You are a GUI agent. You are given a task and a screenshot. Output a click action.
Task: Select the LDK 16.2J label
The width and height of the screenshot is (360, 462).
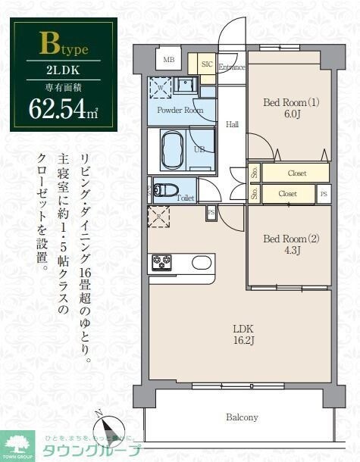click(243, 335)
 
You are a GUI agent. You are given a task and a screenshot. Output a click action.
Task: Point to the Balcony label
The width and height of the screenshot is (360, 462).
click(241, 417)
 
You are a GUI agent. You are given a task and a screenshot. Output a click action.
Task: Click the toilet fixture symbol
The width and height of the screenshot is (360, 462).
click(164, 189)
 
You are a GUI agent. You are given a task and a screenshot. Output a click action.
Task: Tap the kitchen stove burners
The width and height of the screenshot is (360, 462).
click(162, 263)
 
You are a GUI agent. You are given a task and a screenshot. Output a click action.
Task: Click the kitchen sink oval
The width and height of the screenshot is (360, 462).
click(201, 263)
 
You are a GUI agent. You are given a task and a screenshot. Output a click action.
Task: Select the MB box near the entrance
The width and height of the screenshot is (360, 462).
click(168, 60)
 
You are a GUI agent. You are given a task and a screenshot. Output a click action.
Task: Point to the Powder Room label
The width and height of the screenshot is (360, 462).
click(180, 110)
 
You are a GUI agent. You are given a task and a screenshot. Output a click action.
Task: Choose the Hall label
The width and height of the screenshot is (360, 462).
click(233, 124)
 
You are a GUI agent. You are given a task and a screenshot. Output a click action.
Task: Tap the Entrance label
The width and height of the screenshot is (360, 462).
click(232, 67)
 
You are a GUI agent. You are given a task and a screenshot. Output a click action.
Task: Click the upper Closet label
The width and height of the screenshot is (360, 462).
click(297, 173)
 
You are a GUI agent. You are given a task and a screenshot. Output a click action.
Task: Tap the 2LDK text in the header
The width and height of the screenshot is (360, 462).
click(63, 73)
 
